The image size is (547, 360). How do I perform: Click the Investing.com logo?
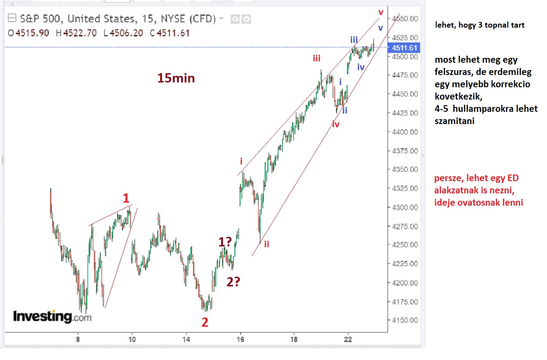52,316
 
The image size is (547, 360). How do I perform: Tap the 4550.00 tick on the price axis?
404,18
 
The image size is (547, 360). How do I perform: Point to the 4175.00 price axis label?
404,302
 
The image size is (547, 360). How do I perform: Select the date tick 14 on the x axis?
186,339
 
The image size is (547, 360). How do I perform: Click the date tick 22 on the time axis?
348,339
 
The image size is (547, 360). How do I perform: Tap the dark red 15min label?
176,78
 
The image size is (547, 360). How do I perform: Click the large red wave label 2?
205,323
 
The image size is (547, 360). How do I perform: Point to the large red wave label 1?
125,197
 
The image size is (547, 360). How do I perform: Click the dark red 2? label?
233,282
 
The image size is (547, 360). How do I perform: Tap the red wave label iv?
336,125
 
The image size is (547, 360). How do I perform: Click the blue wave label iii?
354,40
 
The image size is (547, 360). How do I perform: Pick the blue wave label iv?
361,67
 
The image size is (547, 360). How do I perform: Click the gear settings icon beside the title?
247,19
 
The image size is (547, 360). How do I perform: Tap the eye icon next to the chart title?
235,19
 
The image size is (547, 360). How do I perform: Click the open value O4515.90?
29,33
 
